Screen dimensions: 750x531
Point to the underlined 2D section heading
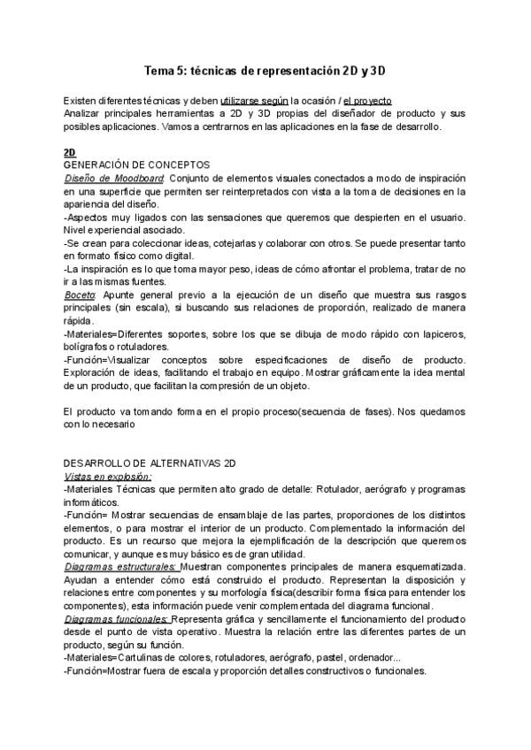71,152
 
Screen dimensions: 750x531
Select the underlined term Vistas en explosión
108,475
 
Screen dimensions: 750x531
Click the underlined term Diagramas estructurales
121,564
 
